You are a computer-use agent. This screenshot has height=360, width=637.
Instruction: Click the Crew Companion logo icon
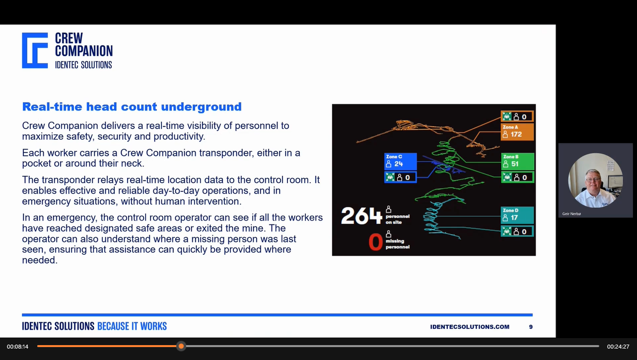tap(35, 50)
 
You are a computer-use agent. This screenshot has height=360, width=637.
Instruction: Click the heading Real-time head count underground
tap(132, 106)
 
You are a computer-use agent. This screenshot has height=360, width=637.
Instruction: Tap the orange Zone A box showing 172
tap(517, 132)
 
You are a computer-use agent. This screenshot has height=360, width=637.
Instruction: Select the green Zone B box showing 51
tap(517, 161)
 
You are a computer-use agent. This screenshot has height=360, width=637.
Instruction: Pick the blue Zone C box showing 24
tap(400, 161)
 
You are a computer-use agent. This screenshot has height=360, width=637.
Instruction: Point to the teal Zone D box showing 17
tap(517, 215)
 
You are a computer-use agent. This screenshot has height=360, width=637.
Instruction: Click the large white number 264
tap(361, 216)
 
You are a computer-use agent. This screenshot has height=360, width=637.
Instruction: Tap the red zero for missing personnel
tap(375, 242)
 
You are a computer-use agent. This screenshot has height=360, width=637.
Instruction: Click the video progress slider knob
tap(181, 346)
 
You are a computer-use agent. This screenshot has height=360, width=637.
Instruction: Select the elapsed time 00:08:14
tap(17, 347)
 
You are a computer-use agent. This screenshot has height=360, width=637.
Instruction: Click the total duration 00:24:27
tap(618, 347)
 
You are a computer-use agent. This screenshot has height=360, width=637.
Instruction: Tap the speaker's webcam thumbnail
tap(595, 180)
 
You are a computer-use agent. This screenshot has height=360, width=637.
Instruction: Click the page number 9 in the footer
tap(531, 327)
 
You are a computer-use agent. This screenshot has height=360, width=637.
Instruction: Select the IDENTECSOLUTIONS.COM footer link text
tap(470, 327)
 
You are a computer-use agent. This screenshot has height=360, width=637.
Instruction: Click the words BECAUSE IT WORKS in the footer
tap(132, 326)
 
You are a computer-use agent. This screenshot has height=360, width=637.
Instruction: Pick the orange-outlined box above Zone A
tap(517, 117)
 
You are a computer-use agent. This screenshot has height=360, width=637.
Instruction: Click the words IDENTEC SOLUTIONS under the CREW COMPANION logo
tap(83, 65)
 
